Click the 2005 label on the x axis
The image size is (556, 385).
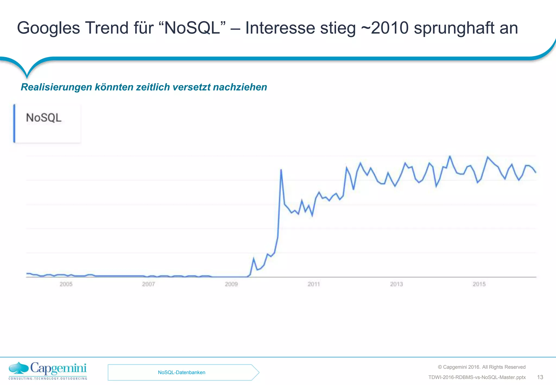(x=66, y=284)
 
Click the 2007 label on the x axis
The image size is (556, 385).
(x=149, y=284)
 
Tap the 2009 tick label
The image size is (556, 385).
(x=231, y=284)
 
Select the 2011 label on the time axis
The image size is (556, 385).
(x=314, y=284)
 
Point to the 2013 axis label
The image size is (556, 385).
(x=396, y=284)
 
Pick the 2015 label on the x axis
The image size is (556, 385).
(x=479, y=284)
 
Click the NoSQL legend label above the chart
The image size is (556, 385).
(x=44, y=118)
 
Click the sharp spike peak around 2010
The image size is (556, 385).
(x=281, y=170)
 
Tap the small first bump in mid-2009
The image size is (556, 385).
(x=254, y=258)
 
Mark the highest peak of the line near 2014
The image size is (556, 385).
(x=450, y=156)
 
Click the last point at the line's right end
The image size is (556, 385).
(x=536, y=172)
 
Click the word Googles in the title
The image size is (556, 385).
(x=48, y=28)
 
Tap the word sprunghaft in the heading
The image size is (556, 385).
(x=454, y=28)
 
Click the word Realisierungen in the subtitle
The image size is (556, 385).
(x=56, y=87)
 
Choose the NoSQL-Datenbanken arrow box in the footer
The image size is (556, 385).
(x=182, y=373)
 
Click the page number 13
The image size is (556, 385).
(x=540, y=377)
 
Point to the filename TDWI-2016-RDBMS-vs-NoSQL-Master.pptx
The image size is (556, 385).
(x=477, y=377)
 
